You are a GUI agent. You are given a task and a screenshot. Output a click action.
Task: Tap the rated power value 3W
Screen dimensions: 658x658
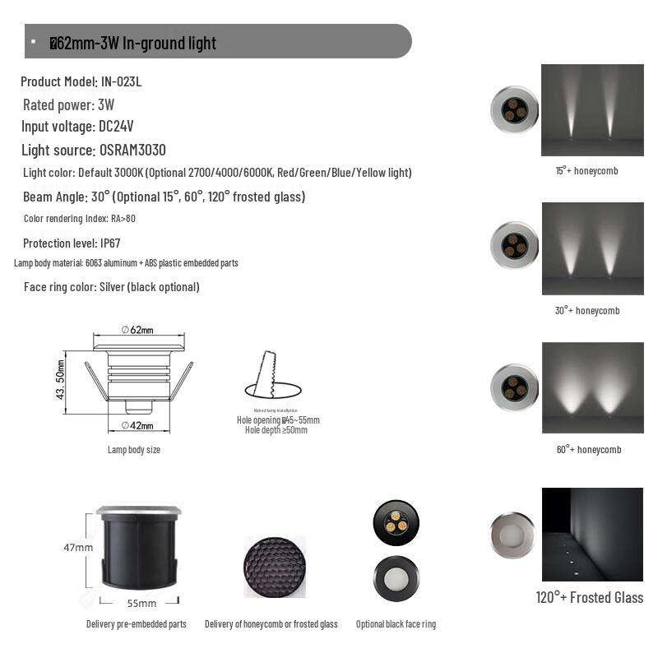click(106, 104)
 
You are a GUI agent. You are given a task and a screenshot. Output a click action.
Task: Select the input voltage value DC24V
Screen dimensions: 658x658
click(116, 127)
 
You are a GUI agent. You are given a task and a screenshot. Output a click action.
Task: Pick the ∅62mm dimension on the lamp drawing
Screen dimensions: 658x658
click(137, 330)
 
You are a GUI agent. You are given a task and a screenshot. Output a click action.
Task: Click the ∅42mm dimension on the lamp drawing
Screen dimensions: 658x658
click(137, 425)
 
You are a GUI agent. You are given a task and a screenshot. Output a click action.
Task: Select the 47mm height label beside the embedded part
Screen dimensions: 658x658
click(78, 547)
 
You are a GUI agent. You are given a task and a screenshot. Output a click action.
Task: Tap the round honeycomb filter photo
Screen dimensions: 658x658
click(275, 567)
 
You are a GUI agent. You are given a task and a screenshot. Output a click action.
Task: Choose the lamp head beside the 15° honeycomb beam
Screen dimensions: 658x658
click(514, 109)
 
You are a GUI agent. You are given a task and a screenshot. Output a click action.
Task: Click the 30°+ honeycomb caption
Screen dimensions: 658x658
click(586, 310)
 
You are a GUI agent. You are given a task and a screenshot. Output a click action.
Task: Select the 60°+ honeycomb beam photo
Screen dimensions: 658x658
click(592, 387)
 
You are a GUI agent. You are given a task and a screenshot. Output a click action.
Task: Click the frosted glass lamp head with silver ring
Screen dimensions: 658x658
click(512, 535)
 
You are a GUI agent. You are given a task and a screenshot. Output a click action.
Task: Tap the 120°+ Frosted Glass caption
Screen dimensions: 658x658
click(589, 598)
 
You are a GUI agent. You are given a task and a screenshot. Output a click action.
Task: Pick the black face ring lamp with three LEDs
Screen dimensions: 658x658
click(396, 522)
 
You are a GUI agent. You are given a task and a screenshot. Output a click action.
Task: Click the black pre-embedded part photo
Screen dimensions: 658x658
click(138, 547)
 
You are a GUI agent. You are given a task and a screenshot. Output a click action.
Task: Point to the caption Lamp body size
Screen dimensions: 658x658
click(134, 450)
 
